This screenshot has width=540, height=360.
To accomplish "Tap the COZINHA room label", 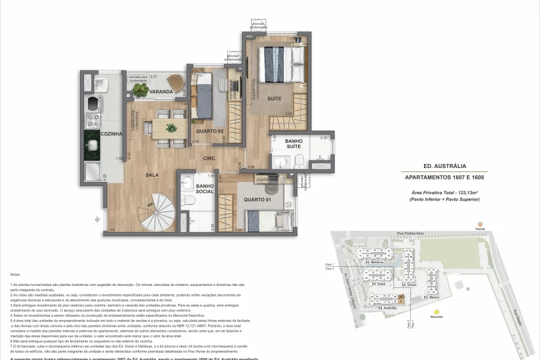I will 111,134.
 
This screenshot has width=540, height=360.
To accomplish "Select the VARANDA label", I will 161,91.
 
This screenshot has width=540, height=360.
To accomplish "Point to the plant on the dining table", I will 171,127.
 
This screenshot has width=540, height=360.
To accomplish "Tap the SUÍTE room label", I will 274,98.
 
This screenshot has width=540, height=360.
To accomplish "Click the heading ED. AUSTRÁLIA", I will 444,166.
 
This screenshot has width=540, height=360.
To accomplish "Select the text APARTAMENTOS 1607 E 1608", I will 444,177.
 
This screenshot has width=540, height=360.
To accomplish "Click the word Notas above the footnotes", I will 15,274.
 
